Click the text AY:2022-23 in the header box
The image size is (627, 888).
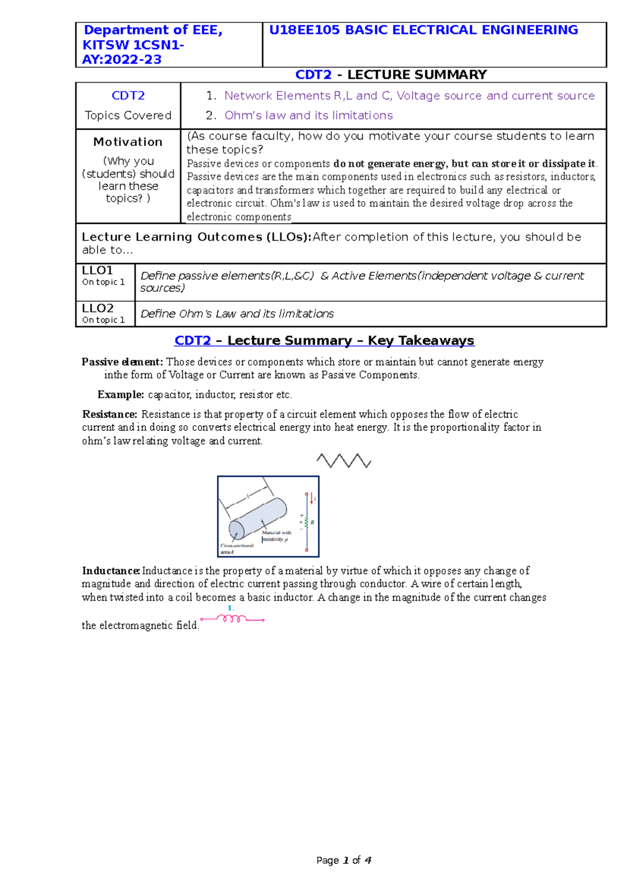[122, 60]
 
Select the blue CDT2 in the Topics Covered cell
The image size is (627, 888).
[128, 96]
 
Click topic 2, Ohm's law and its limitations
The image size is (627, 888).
[308, 115]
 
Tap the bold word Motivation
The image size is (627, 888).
[128, 142]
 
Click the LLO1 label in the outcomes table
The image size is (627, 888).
[98, 270]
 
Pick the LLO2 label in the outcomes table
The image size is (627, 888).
[98, 308]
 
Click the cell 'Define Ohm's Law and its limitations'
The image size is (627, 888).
[237, 314]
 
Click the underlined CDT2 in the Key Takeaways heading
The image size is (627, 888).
[192, 340]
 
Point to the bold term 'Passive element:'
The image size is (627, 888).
[122, 362]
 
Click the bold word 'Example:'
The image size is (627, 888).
[121, 394]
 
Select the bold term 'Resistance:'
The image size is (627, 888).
[110, 414]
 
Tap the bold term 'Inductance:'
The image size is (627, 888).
[111, 571]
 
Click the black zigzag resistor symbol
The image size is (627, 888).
[344, 461]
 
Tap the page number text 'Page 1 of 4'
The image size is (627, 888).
[344, 860]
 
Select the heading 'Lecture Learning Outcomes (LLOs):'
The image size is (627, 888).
[196, 237]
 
